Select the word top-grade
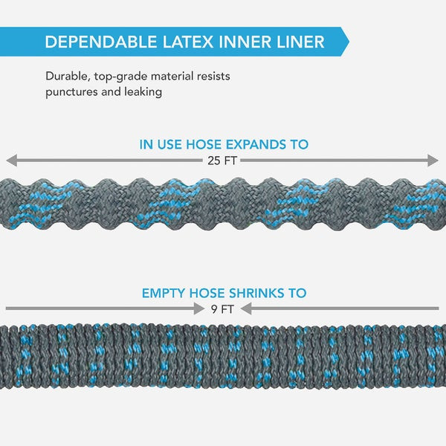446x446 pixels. [x=124, y=77]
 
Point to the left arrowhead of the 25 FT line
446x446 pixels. [x=10, y=160]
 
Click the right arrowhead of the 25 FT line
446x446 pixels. [x=435, y=160]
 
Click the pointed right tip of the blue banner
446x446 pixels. [x=346, y=42]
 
